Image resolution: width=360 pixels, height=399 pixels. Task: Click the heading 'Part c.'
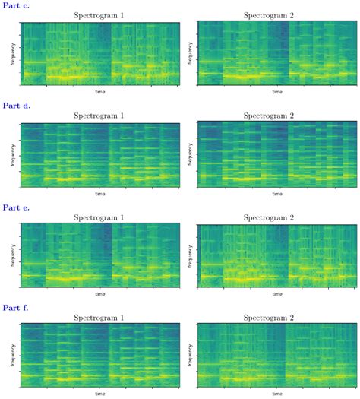click(x=17, y=5)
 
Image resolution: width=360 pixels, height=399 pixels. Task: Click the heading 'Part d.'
click(x=17, y=106)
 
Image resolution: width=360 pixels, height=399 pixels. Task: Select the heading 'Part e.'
click(x=17, y=207)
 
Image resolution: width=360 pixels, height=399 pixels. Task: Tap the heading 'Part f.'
click(x=17, y=307)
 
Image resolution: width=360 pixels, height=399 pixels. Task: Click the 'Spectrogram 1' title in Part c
click(x=100, y=15)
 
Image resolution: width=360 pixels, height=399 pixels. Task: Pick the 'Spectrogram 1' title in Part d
click(x=100, y=116)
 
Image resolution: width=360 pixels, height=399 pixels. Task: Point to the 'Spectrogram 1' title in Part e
click(x=100, y=217)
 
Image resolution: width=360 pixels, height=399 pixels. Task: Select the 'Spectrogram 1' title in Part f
click(x=100, y=317)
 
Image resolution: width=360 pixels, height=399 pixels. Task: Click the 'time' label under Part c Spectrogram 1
click(x=100, y=92)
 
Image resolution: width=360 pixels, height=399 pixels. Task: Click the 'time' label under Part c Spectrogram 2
click(x=276, y=92)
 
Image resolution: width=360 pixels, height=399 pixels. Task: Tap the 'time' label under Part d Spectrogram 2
click(x=276, y=193)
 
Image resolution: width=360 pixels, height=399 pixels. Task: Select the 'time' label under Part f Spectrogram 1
click(x=100, y=394)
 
